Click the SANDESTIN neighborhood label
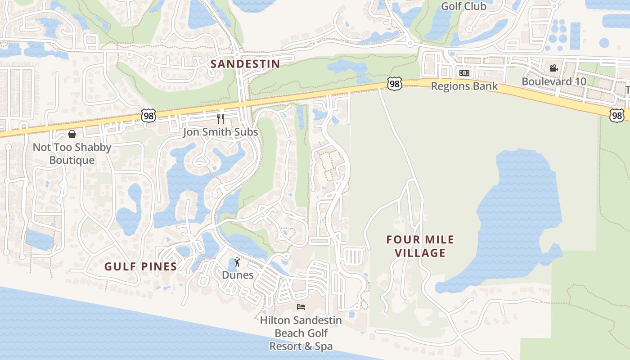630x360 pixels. coord(245,64)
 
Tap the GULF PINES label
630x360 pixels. coord(140,266)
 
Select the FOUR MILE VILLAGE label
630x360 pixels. coord(420,246)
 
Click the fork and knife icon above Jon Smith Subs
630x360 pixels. coord(220,119)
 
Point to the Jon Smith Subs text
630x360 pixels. coord(220,132)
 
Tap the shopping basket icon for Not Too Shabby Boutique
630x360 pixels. coord(72,134)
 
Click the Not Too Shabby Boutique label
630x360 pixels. coord(72,153)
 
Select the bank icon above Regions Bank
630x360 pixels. coord(464,73)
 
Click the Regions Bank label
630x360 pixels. coord(464,86)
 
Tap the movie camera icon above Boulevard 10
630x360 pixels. coord(553,68)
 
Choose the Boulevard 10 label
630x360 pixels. coord(553,81)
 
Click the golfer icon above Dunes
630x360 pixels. coord(238,262)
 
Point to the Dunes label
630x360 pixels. coord(238,275)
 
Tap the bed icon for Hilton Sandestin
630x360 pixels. coord(301,307)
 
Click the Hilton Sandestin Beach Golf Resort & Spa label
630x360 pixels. coord(301,333)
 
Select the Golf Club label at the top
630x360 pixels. coord(463,6)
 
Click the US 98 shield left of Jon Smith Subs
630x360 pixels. coord(148,115)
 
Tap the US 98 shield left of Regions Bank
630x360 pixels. coord(394,84)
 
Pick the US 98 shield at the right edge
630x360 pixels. coord(617,115)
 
